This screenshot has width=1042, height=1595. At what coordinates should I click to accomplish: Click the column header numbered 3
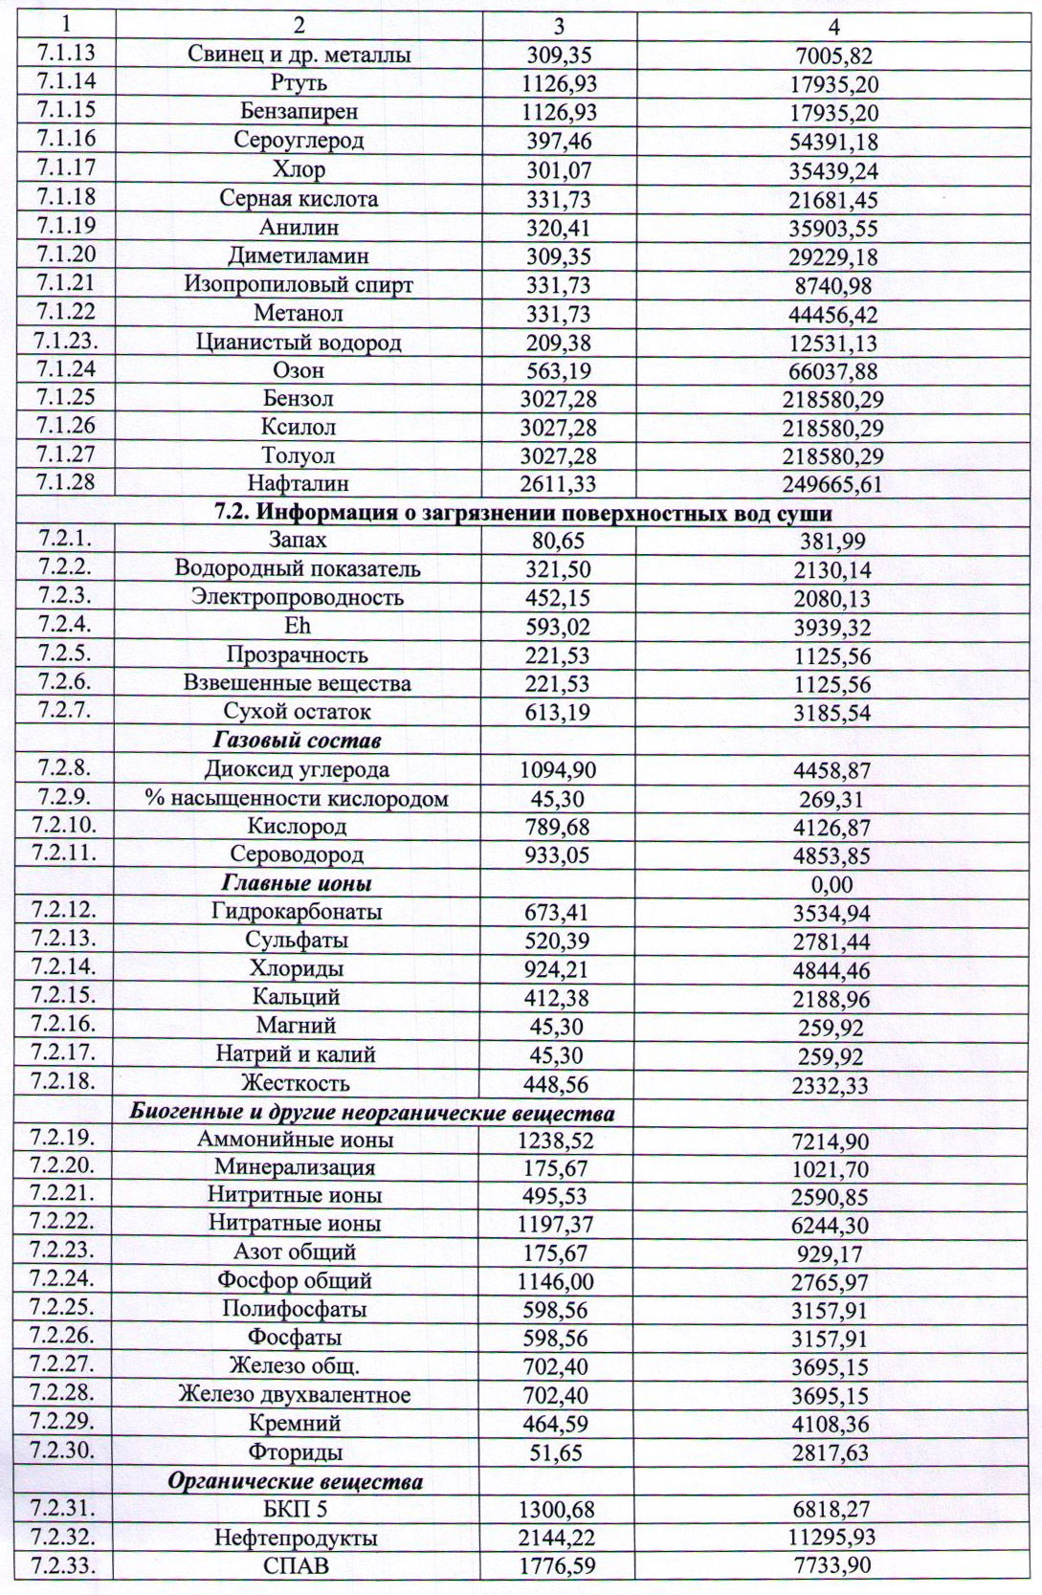(559, 26)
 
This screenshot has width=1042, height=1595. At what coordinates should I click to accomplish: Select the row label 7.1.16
(66, 139)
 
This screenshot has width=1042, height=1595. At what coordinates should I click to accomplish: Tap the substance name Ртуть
(299, 83)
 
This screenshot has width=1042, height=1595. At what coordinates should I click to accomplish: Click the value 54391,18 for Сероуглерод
(833, 142)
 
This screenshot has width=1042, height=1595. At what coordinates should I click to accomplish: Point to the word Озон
(299, 370)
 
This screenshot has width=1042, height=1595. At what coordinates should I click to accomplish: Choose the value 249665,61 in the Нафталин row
(833, 485)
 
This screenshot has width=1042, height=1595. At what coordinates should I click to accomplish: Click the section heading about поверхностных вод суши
(521, 513)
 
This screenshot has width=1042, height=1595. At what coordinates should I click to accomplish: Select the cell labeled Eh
(299, 627)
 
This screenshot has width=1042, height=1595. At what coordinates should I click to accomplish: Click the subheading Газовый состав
(299, 741)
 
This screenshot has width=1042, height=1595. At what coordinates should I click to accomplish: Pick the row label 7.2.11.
(64, 853)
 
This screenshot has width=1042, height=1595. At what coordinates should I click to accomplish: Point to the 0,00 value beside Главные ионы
(831, 884)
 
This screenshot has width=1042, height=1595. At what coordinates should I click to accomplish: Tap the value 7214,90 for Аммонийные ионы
(831, 1141)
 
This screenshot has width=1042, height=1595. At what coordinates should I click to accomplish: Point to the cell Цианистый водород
(299, 342)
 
